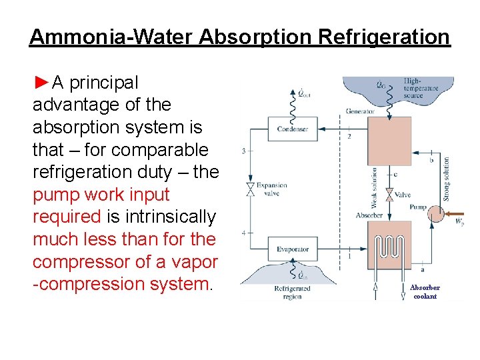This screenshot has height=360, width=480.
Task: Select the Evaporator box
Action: click(293, 249)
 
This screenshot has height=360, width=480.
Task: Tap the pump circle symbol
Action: click(437, 214)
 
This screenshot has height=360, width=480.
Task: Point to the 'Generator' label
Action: click(360, 111)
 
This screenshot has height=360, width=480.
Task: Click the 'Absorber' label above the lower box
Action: click(369, 215)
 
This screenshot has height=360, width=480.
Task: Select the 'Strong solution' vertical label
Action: click(447, 178)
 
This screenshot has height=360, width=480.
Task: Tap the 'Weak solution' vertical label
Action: click(374, 189)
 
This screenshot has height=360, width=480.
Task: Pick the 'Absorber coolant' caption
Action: click(425, 292)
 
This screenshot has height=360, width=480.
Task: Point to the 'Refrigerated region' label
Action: click(292, 293)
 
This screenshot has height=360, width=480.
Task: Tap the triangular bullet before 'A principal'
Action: click(41, 83)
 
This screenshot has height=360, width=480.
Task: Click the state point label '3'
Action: click(243, 151)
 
